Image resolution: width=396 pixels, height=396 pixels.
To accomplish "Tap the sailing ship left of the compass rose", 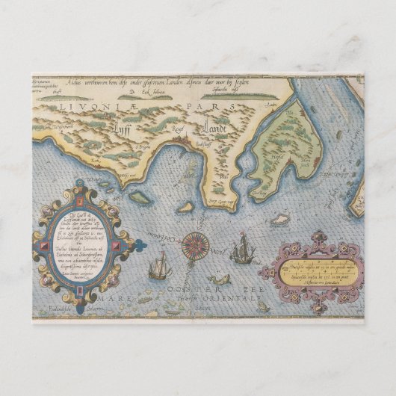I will [158, 264].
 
